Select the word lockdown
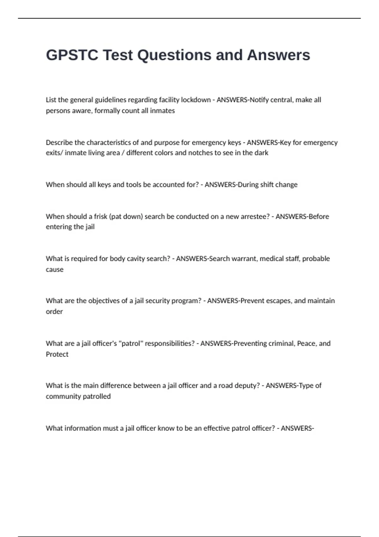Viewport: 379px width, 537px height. pos(196,100)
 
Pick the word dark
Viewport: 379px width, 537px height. pos(262,153)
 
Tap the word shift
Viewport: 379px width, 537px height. pos(264,184)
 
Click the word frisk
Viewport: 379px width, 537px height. pos(101,217)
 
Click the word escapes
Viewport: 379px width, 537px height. pos(279,301)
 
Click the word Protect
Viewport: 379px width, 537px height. pos(57,354)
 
